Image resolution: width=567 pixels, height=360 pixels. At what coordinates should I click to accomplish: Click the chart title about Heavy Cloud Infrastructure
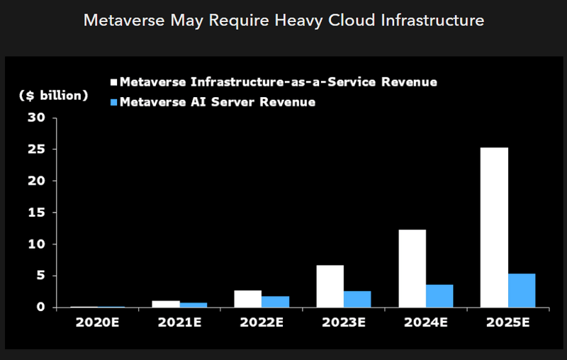tap(283, 20)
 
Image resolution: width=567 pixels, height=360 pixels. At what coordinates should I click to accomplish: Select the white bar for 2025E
tap(494, 227)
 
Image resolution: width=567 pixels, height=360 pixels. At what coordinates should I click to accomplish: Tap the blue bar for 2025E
tap(522, 291)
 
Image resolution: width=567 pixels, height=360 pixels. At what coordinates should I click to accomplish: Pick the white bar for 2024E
tap(412, 269)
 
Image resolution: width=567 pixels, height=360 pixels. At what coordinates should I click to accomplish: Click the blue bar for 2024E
tap(439, 296)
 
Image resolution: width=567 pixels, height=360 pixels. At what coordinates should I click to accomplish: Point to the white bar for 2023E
tap(330, 286)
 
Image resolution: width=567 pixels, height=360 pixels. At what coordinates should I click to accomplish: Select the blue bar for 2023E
tap(357, 299)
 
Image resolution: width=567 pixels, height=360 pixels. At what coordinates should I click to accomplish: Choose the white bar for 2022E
tap(247, 299)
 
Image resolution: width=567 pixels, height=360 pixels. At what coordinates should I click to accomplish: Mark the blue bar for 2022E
tap(275, 302)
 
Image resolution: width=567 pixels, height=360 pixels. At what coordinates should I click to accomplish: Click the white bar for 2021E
tap(166, 304)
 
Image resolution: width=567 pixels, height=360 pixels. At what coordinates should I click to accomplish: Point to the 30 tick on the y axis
tap(38, 118)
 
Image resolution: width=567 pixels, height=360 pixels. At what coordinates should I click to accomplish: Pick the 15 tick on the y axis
tap(38, 213)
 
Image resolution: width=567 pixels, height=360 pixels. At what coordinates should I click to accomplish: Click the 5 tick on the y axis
tap(42, 276)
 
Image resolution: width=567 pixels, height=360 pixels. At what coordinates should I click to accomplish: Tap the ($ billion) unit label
tap(54, 95)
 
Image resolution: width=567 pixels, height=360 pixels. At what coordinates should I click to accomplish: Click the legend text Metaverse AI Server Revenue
tap(218, 103)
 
